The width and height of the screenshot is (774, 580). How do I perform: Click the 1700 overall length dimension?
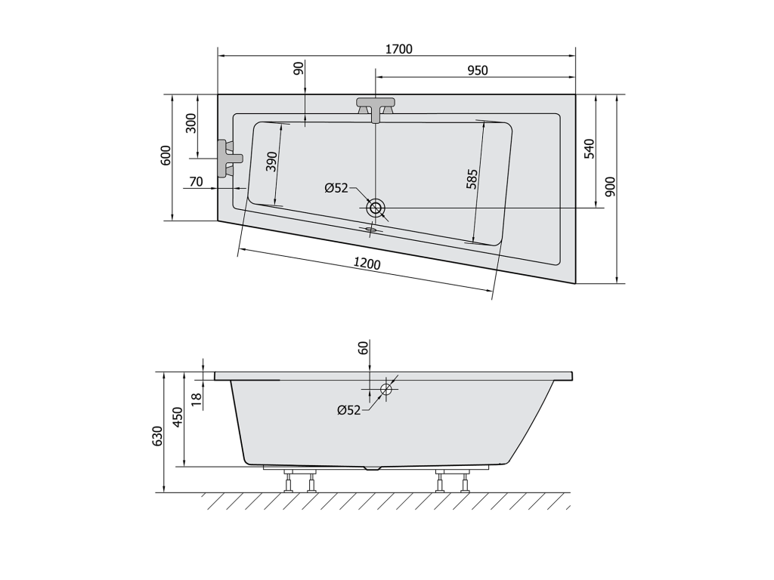point(399,49)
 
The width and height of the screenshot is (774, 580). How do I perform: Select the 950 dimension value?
point(478,70)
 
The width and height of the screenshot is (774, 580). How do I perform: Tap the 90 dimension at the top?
point(298,69)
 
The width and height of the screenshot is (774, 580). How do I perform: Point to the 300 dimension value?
point(191,123)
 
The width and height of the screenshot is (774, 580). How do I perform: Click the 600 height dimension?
point(166,156)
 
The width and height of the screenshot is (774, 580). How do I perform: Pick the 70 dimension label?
point(196,181)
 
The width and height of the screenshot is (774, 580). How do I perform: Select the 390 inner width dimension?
point(271,162)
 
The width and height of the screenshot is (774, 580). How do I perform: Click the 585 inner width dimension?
point(472,179)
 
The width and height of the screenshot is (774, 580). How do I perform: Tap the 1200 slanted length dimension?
point(367,264)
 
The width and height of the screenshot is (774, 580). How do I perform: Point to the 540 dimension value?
point(590,149)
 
